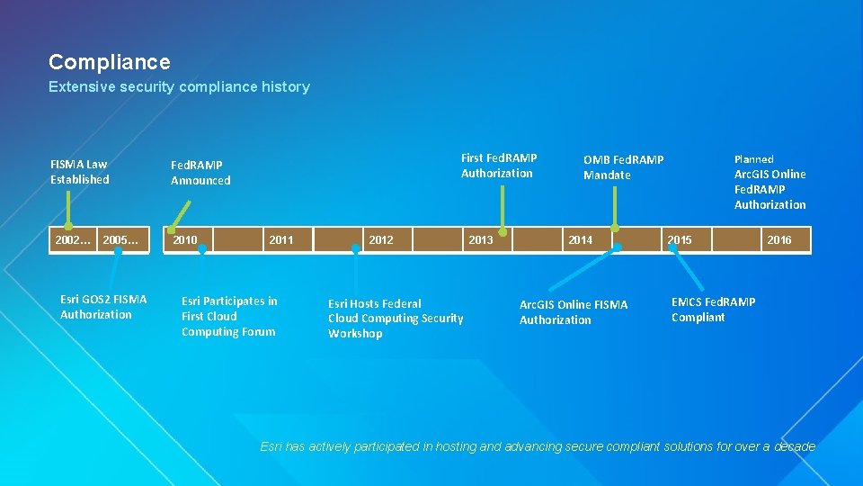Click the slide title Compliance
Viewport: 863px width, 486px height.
[x=109, y=62]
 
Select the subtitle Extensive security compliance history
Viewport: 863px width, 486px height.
[x=179, y=87]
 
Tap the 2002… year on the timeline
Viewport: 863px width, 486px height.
[x=72, y=239]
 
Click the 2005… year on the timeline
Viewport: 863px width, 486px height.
[x=120, y=239]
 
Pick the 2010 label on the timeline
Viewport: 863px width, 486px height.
[x=185, y=239]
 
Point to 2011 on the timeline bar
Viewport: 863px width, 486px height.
[x=281, y=239]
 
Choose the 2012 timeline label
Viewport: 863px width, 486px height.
[x=381, y=239]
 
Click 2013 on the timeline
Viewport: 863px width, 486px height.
[x=481, y=239]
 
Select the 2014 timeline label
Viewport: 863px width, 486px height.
[x=581, y=239]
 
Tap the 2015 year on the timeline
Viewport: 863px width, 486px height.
[x=680, y=239]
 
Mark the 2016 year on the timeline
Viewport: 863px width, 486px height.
[x=779, y=239]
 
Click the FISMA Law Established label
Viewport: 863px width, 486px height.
[x=80, y=172]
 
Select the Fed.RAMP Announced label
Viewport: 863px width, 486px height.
[x=200, y=173]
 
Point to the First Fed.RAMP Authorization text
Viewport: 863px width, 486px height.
[x=499, y=166]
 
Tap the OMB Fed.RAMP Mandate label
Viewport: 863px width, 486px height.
[x=623, y=167]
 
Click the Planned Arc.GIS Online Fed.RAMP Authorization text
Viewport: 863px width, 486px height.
[x=770, y=182]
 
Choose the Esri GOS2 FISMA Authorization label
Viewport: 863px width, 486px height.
[x=103, y=307]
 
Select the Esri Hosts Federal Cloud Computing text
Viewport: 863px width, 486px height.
[x=396, y=319]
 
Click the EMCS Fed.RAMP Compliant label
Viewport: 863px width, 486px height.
[x=713, y=310]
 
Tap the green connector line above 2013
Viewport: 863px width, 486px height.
[x=503, y=207]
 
